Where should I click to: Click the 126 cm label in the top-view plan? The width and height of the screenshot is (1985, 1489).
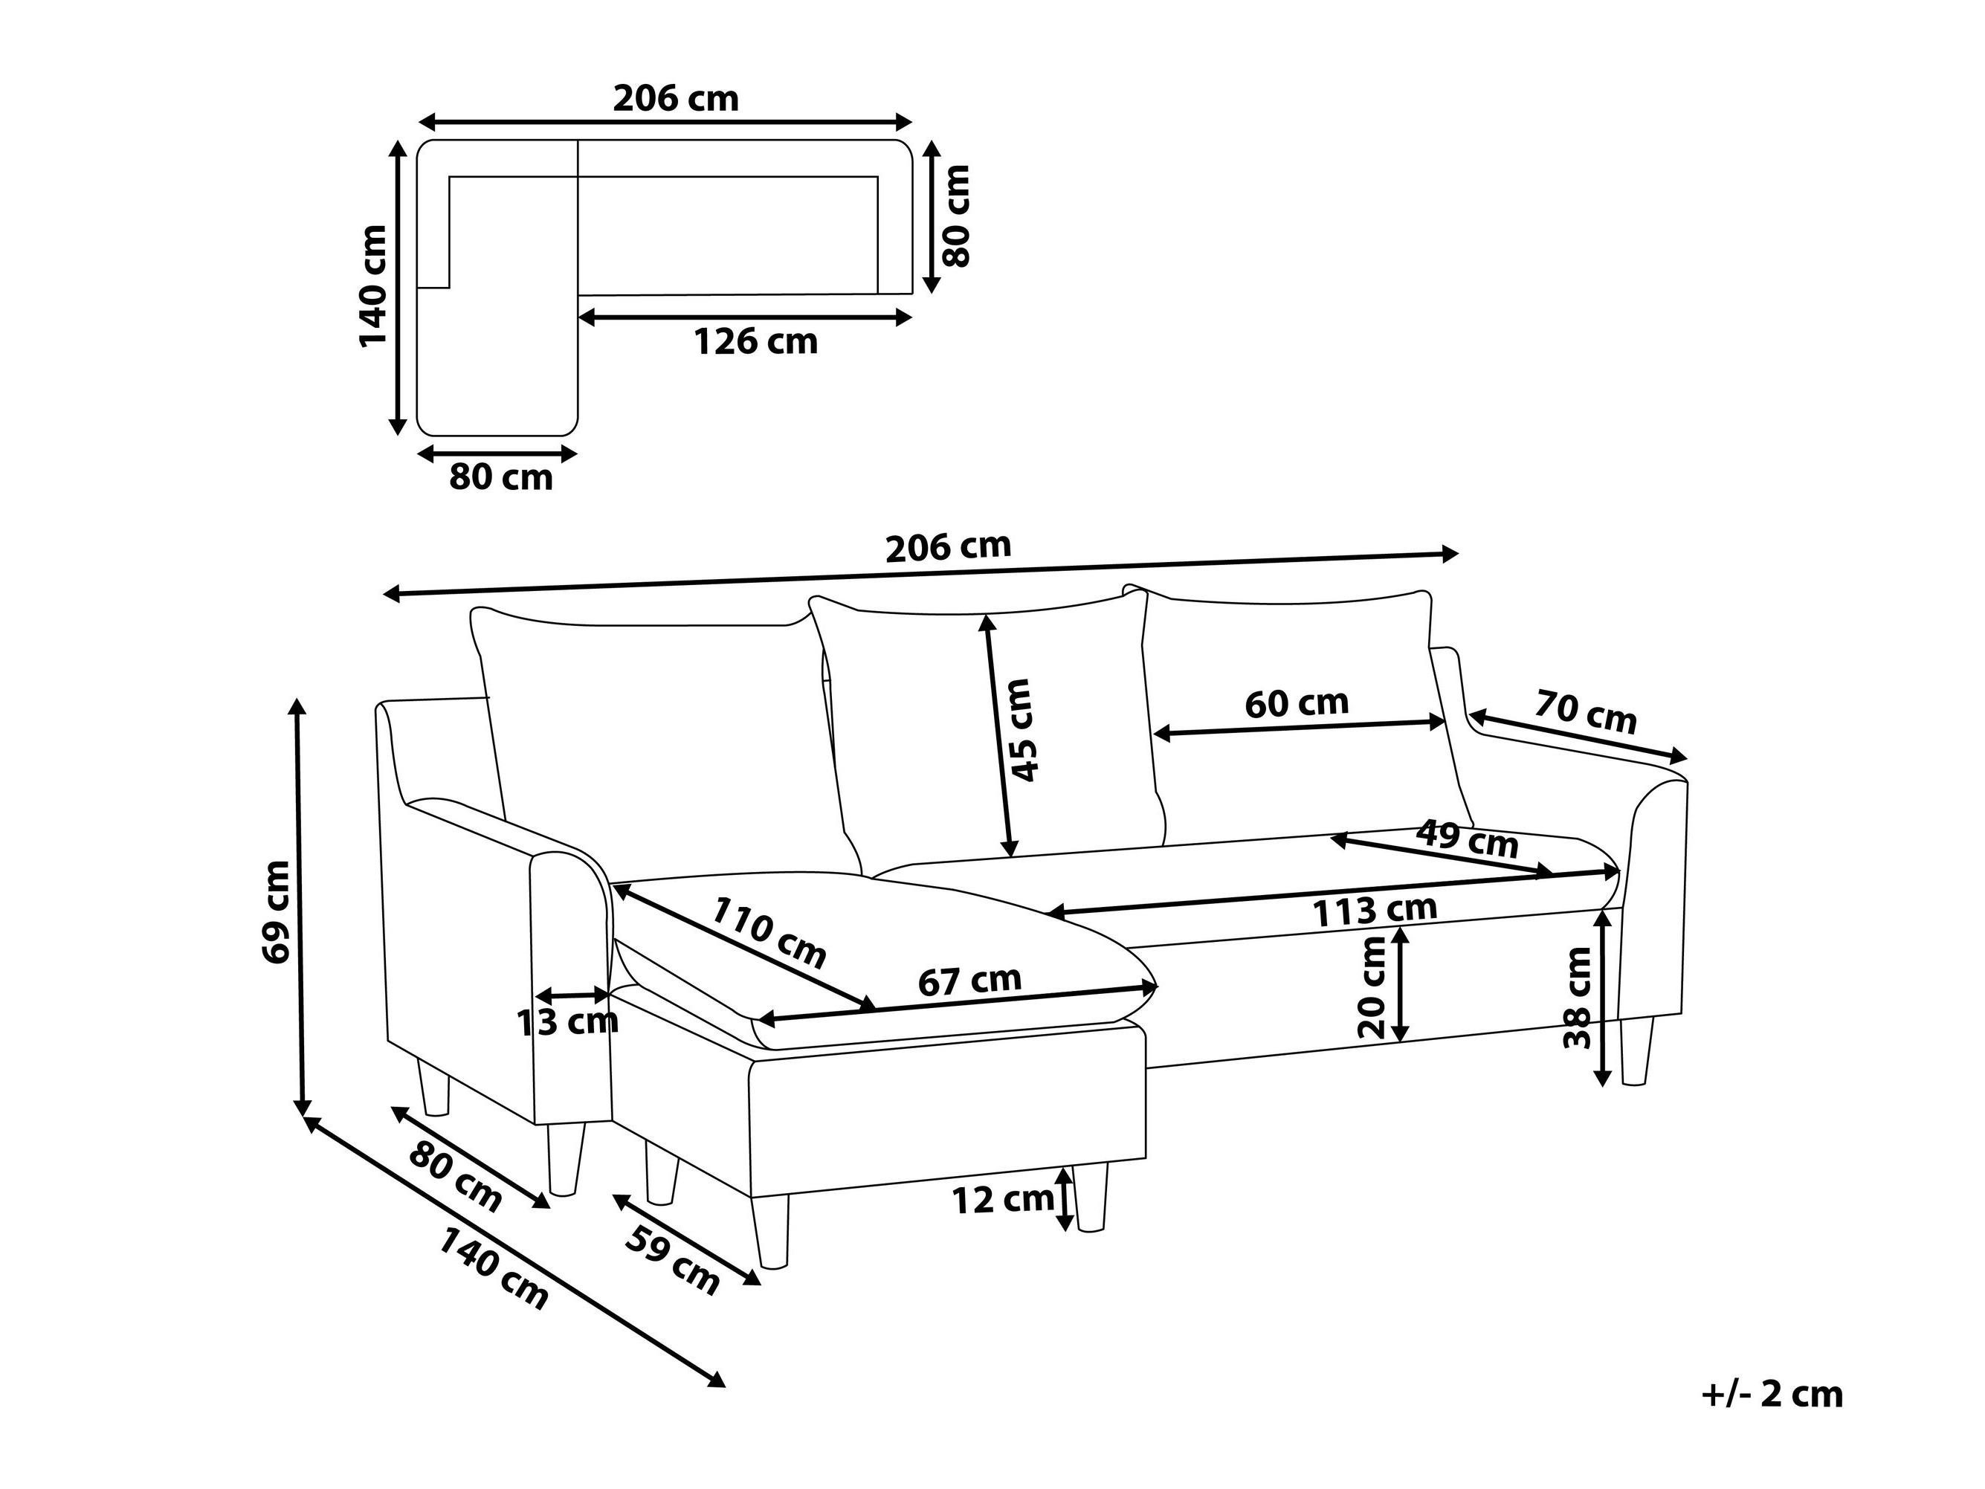click(x=755, y=342)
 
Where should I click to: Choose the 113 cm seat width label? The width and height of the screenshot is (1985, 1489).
click(x=1375, y=911)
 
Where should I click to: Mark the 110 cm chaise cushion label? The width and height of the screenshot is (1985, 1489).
click(x=768, y=934)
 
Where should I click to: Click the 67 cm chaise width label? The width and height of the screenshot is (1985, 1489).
click(x=969, y=980)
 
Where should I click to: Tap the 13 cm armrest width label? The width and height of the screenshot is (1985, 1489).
click(x=567, y=1021)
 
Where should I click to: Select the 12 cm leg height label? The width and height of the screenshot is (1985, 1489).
click(x=1001, y=1199)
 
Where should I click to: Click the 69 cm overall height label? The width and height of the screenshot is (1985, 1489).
click(x=277, y=911)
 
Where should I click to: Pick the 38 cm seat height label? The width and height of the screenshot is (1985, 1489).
click(x=1577, y=997)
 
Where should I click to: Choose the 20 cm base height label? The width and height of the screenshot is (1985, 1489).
click(x=1372, y=986)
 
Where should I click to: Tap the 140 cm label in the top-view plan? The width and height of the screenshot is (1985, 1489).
click(x=372, y=285)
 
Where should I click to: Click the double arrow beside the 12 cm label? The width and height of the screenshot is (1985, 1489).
click(x=1065, y=1198)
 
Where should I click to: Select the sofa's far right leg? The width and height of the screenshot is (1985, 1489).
click(x=1636, y=1051)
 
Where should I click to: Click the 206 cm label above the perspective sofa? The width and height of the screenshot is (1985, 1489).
click(x=948, y=546)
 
